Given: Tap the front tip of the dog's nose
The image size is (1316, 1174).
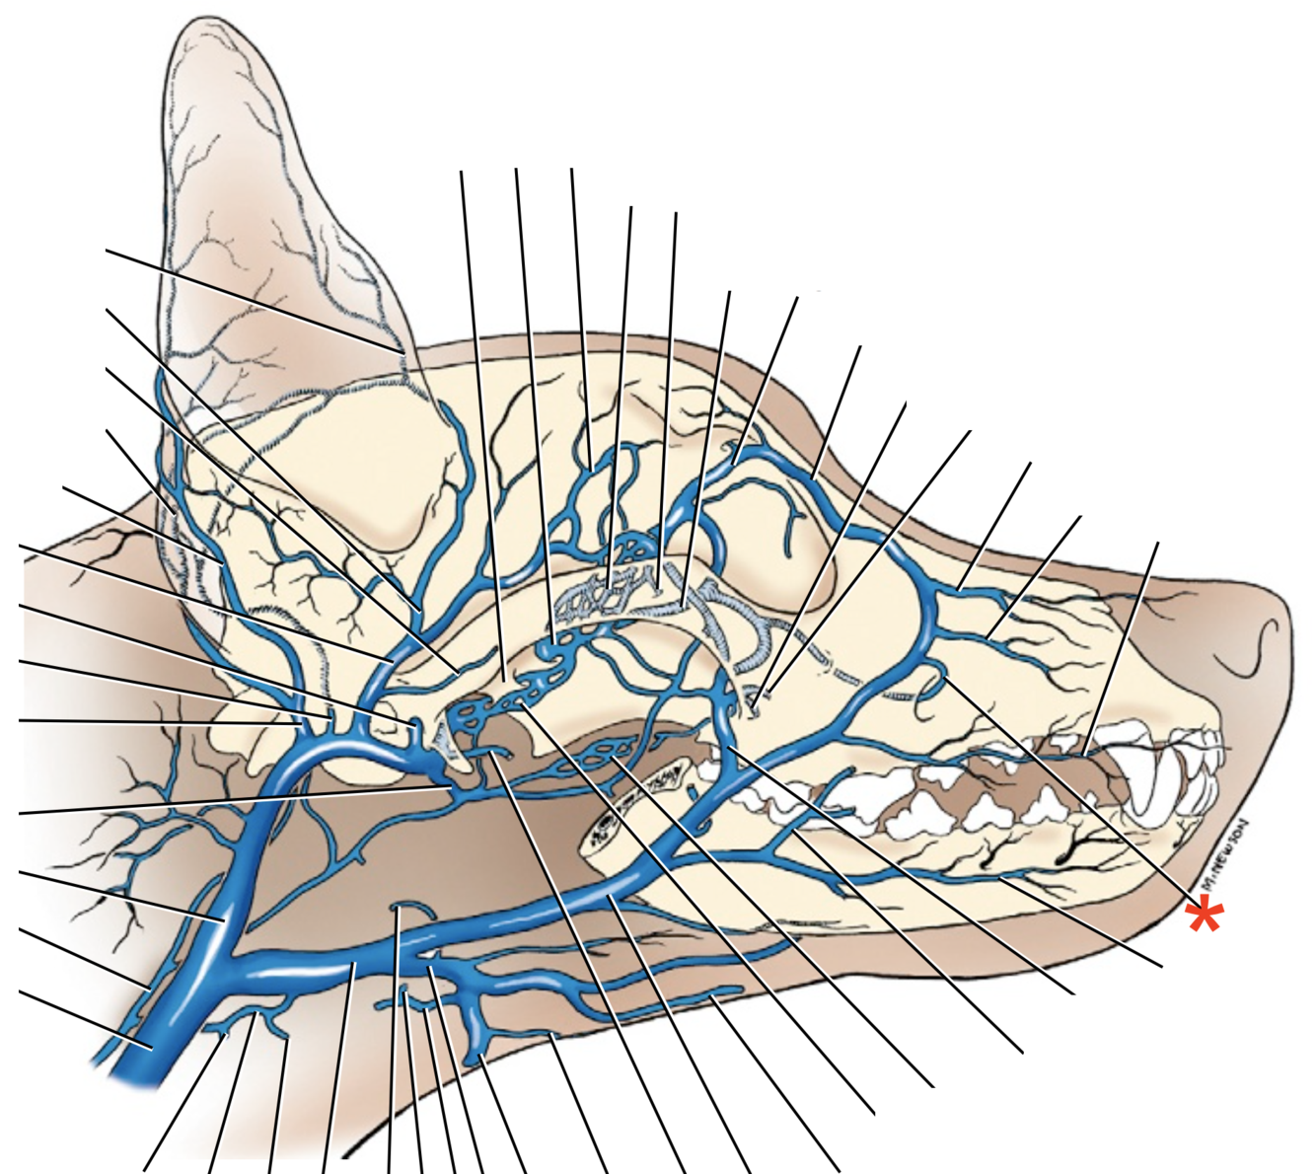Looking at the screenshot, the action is click(x=1289, y=631).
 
